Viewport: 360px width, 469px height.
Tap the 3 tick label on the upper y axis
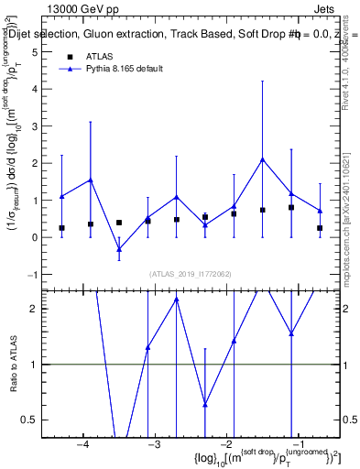[36, 126]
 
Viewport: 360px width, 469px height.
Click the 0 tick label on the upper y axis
[36, 237]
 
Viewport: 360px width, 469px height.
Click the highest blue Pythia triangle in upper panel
[262, 159]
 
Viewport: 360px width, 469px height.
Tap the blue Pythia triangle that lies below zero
[119, 249]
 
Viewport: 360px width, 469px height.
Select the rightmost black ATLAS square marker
[320, 228]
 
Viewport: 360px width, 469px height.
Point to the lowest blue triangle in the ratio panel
[205, 404]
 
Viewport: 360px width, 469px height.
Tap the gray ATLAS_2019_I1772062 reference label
[191, 273]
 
